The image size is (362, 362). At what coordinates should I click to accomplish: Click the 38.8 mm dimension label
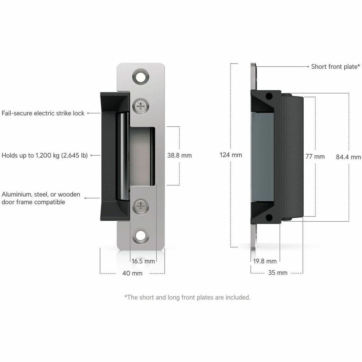179,155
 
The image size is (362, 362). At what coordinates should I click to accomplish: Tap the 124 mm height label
230,155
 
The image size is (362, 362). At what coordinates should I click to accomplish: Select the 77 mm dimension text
315,156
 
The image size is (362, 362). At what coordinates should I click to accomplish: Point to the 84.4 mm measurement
348,157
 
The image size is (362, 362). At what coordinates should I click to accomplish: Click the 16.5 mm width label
143,261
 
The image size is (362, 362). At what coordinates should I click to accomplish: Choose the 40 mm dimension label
132,273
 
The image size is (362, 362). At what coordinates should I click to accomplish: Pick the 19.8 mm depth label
265,261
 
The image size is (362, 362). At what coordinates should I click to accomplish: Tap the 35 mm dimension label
278,273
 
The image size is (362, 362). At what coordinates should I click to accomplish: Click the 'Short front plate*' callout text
335,66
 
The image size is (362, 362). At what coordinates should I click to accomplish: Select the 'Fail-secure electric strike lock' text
43,113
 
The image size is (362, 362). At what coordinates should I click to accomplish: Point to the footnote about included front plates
187,297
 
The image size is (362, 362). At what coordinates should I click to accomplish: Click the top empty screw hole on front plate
140,77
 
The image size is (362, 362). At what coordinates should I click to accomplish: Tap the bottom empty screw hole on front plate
141,236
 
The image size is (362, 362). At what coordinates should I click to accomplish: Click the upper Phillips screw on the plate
141,106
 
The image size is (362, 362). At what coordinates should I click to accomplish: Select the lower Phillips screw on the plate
141,206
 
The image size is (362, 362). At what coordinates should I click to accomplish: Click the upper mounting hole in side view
269,96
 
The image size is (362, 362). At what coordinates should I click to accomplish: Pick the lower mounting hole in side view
269,217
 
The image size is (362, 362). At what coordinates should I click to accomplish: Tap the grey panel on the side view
262,157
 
